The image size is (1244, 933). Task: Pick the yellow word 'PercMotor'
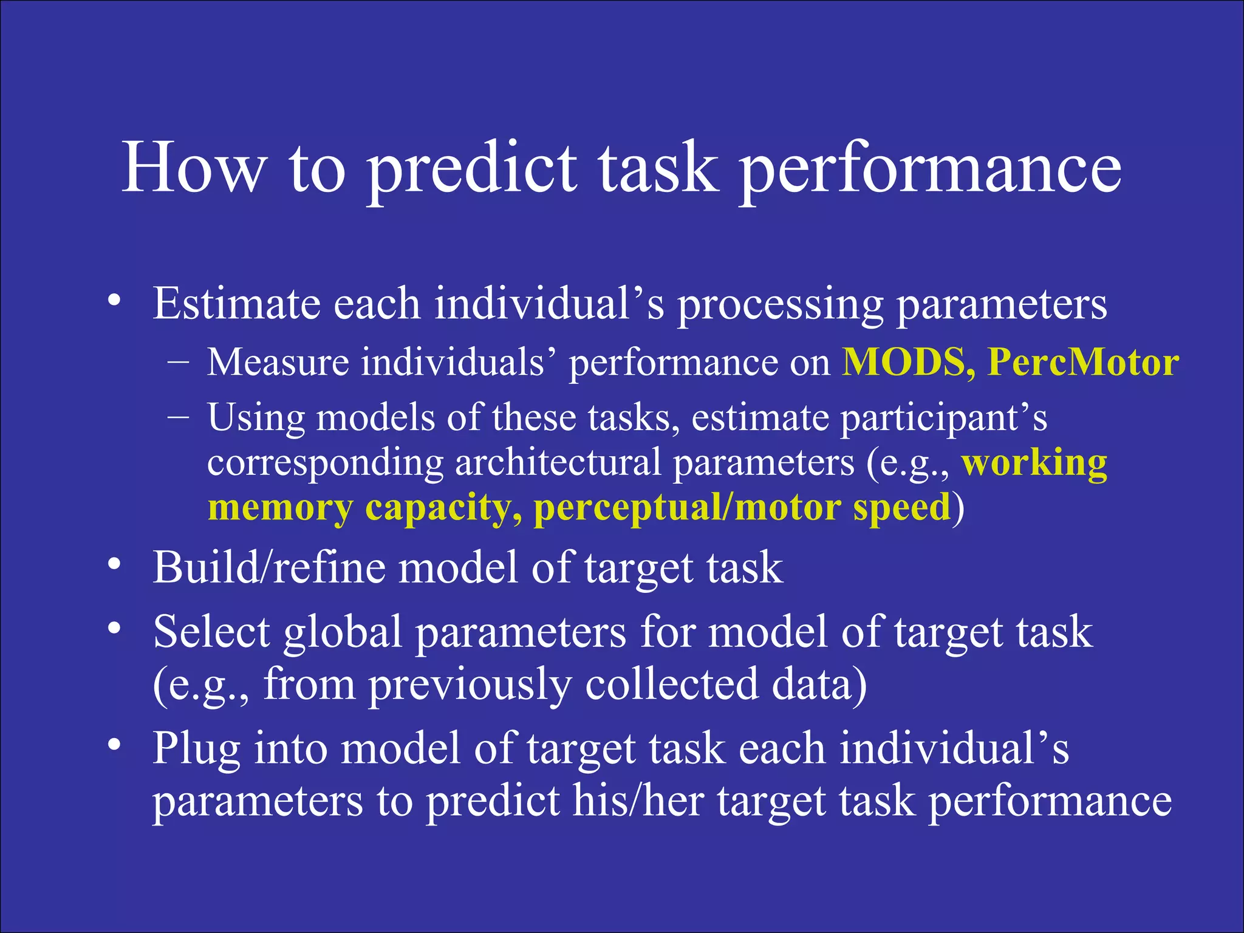1083,363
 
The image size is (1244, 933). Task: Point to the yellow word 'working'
1034,464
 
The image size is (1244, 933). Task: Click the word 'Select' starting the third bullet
211,632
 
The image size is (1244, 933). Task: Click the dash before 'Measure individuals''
178,361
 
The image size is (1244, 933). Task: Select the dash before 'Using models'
178,417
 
